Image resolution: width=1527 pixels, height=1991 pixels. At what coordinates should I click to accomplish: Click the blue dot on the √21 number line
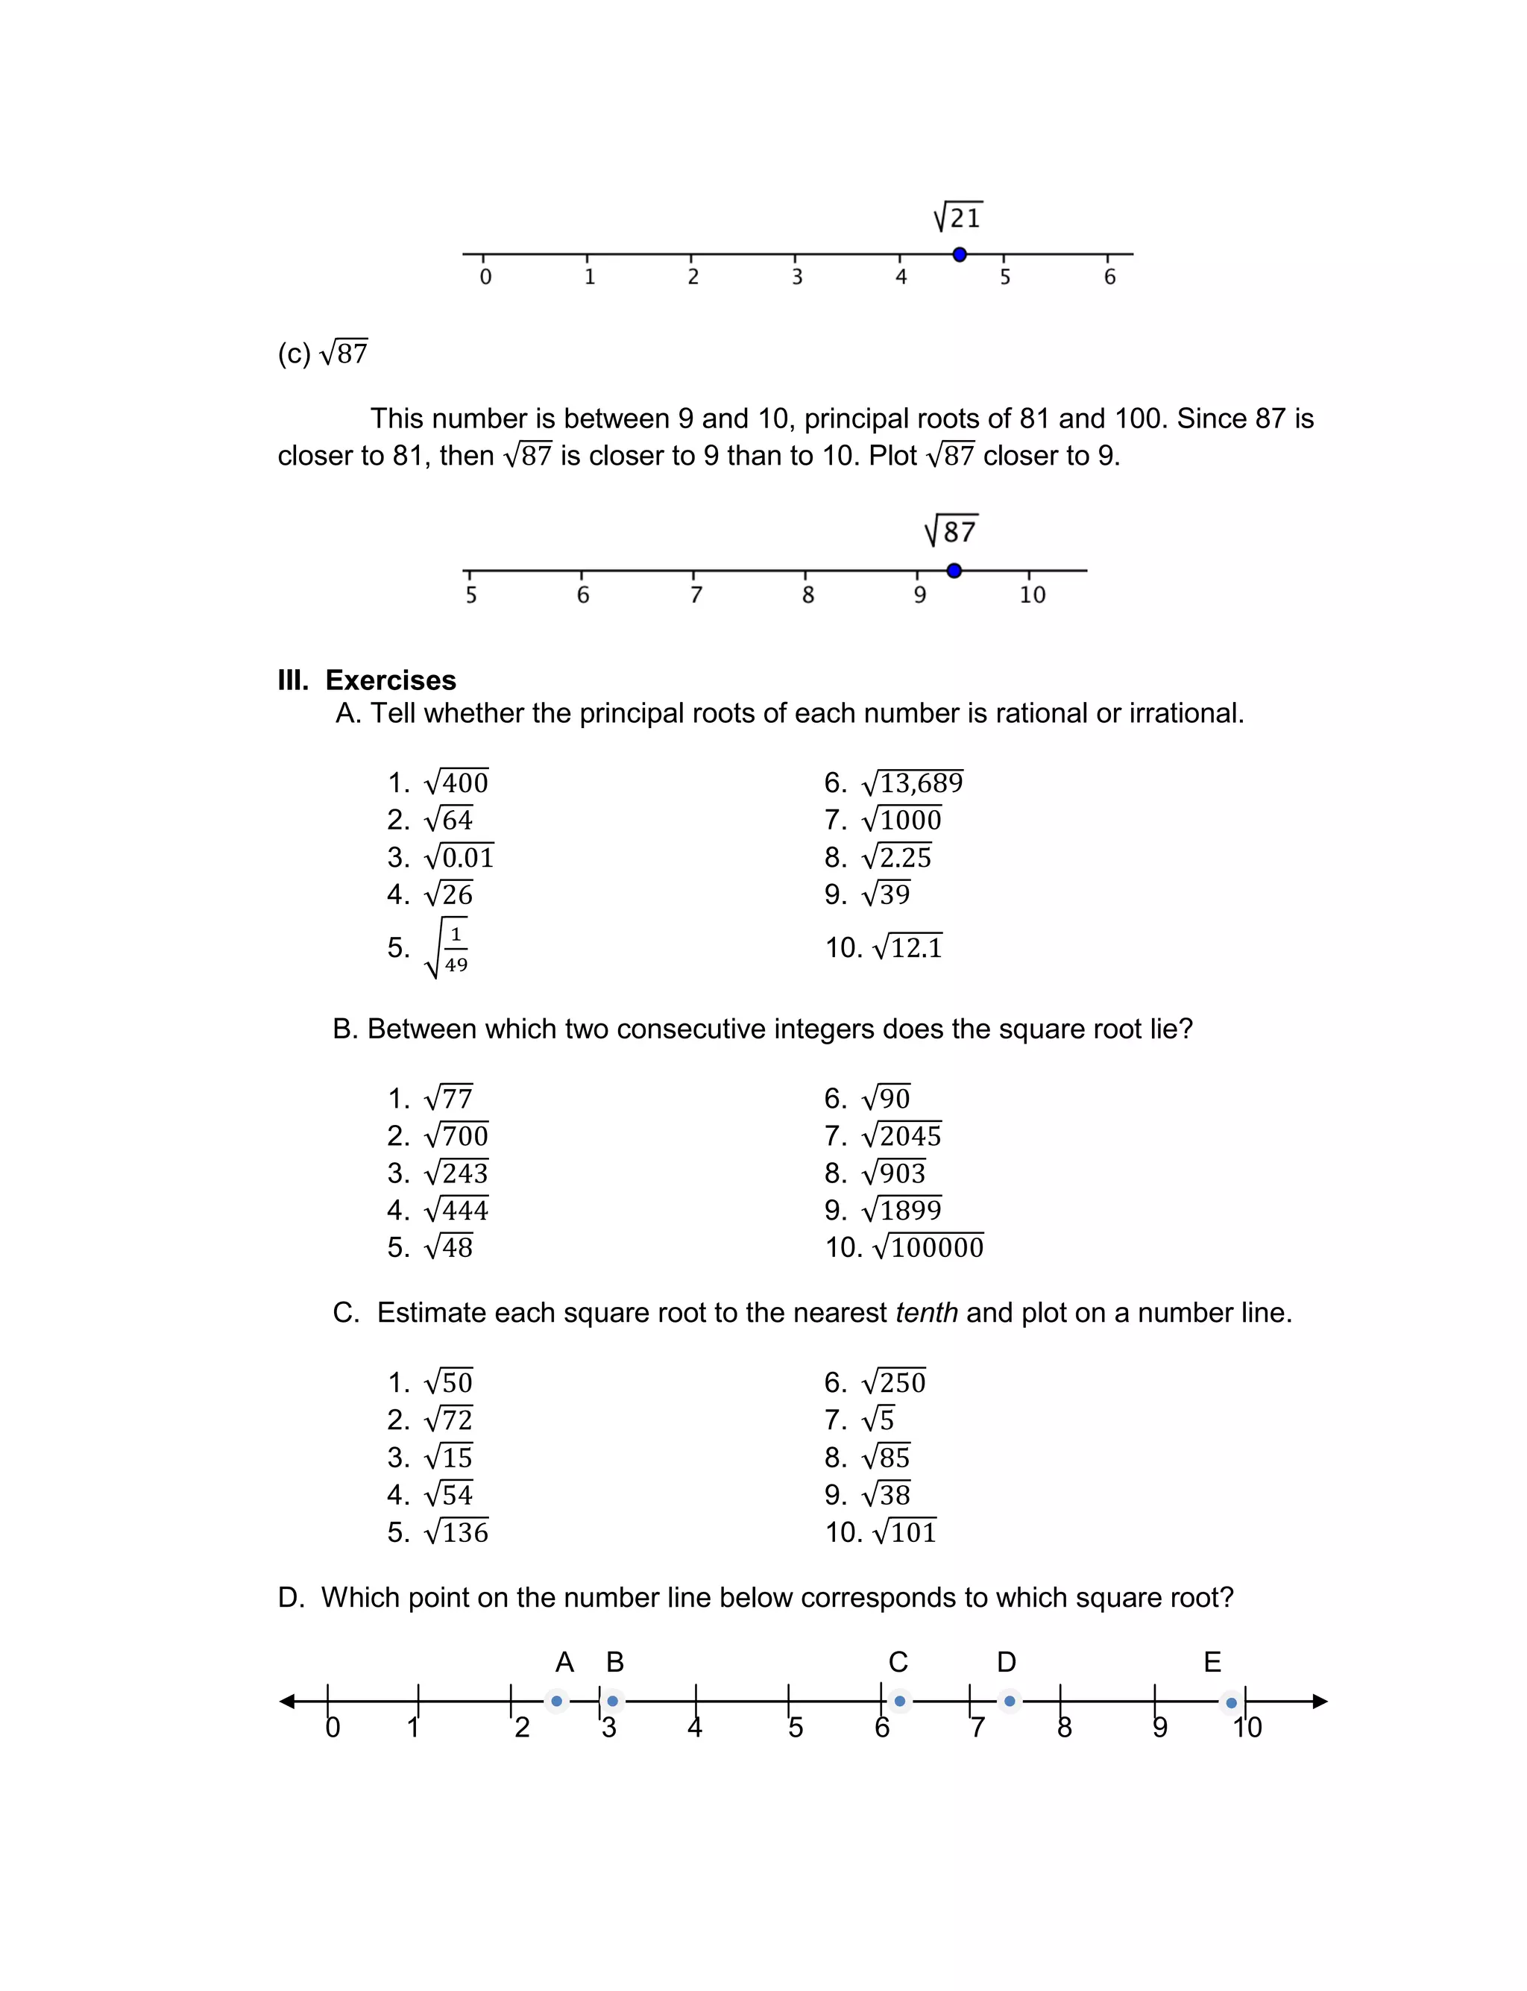(959, 254)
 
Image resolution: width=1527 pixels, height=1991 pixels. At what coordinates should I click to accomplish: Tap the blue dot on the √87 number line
(954, 571)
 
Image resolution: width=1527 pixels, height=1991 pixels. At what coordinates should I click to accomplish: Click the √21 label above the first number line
(958, 217)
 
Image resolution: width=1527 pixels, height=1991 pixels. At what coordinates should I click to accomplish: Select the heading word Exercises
(391, 680)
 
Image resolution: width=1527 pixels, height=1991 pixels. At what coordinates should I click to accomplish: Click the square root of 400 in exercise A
(456, 782)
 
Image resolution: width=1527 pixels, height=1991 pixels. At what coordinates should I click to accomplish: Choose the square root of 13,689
(912, 782)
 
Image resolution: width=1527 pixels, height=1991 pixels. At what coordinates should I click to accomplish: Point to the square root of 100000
(928, 1247)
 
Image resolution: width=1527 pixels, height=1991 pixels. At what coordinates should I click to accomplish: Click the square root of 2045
(901, 1135)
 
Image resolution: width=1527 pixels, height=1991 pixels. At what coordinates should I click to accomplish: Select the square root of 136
(456, 1532)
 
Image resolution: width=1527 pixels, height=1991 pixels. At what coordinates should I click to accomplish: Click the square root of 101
(904, 1532)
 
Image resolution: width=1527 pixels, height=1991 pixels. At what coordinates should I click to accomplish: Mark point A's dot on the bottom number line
(556, 1701)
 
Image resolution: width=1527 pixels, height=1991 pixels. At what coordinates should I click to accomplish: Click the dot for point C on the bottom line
(899, 1701)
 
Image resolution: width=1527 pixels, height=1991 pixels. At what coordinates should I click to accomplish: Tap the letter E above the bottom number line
(1212, 1662)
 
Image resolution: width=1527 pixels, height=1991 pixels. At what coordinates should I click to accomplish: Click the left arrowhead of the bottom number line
(287, 1701)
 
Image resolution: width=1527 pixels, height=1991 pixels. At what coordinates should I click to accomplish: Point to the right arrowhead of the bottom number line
(1320, 1701)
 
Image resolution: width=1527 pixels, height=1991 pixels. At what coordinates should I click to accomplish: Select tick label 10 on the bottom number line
(1247, 1728)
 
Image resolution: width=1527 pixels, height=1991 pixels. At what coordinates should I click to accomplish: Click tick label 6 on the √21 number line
(1109, 278)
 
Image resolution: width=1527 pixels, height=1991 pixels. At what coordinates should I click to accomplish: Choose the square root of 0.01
(459, 856)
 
